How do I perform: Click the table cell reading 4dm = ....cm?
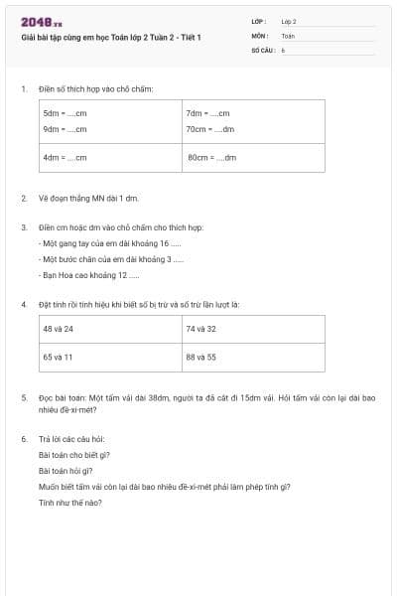(65, 157)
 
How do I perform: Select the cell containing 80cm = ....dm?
(211, 157)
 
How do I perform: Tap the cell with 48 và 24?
(59, 328)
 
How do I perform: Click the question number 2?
(23, 198)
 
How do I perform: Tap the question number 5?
(23, 397)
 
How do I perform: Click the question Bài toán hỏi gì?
(66, 470)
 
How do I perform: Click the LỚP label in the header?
(259, 21)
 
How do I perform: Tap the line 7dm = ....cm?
(207, 114)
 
